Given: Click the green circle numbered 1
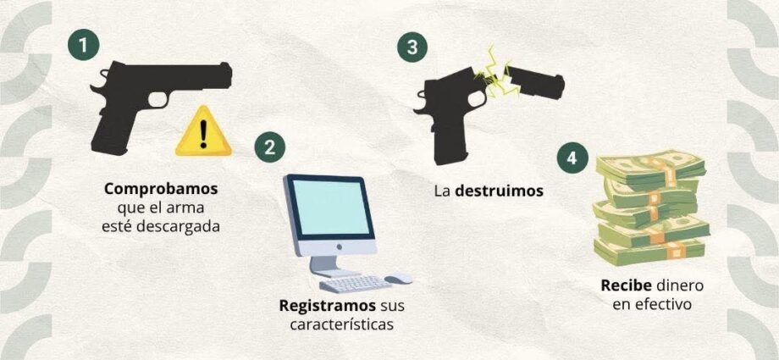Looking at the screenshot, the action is click(83, 46).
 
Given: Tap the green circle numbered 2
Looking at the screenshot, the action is click(269, 147).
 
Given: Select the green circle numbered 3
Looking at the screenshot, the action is click(412, 47).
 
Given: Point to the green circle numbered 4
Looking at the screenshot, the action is click(572, 158).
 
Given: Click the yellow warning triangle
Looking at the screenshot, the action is click(203, 132).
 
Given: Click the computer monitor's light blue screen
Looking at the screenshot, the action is click(330, 207).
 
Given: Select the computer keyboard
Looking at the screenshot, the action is click(356, 285).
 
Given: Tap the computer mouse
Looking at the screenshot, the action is click(399, 279).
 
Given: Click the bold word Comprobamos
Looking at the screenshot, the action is click(162, 190).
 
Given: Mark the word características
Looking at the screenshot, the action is click(342, 324).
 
